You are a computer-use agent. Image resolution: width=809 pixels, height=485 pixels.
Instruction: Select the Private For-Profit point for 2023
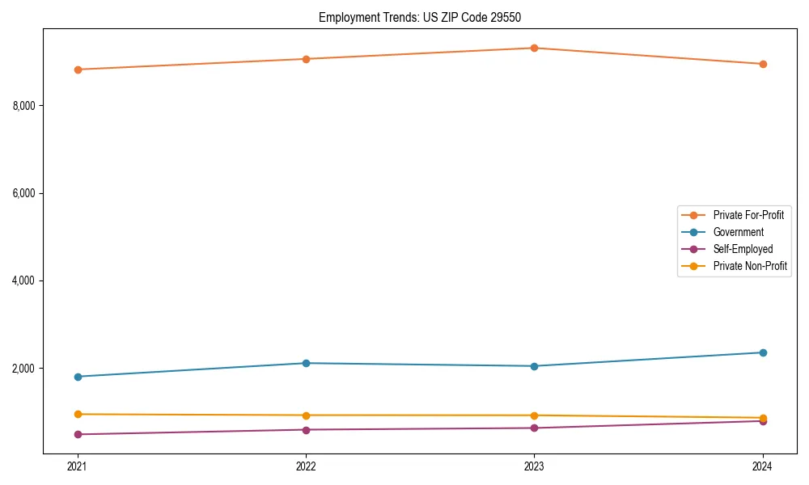(x=534, y=48)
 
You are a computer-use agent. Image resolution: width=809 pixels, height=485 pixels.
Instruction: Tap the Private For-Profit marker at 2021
(x=78, y=70)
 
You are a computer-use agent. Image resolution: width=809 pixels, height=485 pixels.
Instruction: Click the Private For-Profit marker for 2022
(x=306, y=59)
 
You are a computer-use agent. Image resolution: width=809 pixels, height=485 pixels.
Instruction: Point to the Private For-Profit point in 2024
(x=763, y=64)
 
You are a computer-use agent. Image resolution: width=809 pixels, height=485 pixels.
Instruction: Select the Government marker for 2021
(x=78, y=377)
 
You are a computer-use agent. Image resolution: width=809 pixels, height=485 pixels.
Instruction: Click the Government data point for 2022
(x=306, y=363)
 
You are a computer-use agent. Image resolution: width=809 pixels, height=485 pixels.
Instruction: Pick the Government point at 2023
(x=534, y=366)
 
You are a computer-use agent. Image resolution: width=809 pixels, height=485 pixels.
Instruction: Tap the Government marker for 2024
(x=763, y=352)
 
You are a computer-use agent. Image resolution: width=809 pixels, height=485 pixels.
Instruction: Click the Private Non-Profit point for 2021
(x=78, y=414)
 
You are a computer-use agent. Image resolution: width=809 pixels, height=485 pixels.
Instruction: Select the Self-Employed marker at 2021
(x=78, y=434)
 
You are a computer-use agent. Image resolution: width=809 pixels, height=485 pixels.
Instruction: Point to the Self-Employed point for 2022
(x=306, y=429)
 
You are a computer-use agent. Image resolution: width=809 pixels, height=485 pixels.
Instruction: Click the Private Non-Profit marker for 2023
(x=534, y=415)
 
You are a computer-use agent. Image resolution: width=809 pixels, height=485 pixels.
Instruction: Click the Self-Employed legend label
(x=743, y=249)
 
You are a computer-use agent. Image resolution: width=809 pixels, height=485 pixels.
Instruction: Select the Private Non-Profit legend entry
(x=750, y=266)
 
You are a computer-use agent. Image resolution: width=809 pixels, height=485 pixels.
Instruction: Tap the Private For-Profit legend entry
(x=748, y=215)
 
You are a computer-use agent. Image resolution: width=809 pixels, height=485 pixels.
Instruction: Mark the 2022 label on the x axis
(x=306, y=466)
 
